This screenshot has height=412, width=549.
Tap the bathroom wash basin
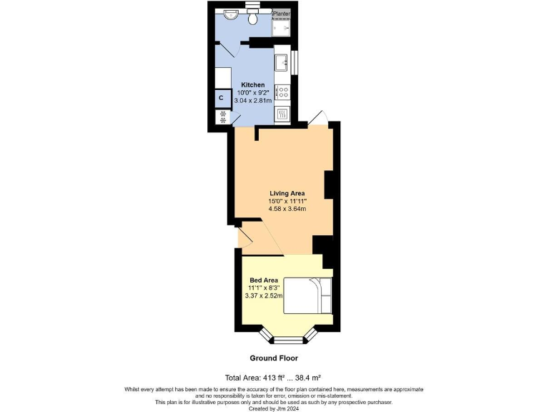tap(231, 14)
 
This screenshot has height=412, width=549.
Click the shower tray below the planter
tap(282, 26)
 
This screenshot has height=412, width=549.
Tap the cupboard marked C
tap(221, 97)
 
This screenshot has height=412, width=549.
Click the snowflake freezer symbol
tap(222, 115)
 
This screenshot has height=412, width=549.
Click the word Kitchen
tap(253, 84)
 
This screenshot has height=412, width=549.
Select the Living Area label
tap(287, 193)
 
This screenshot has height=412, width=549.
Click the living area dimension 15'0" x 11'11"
tap(287, 201)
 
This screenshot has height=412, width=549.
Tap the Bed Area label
tap(264, 280)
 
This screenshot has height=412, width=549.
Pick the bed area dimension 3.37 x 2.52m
tap(264, 295)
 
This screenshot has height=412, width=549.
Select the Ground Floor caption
tap(274, 358)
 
